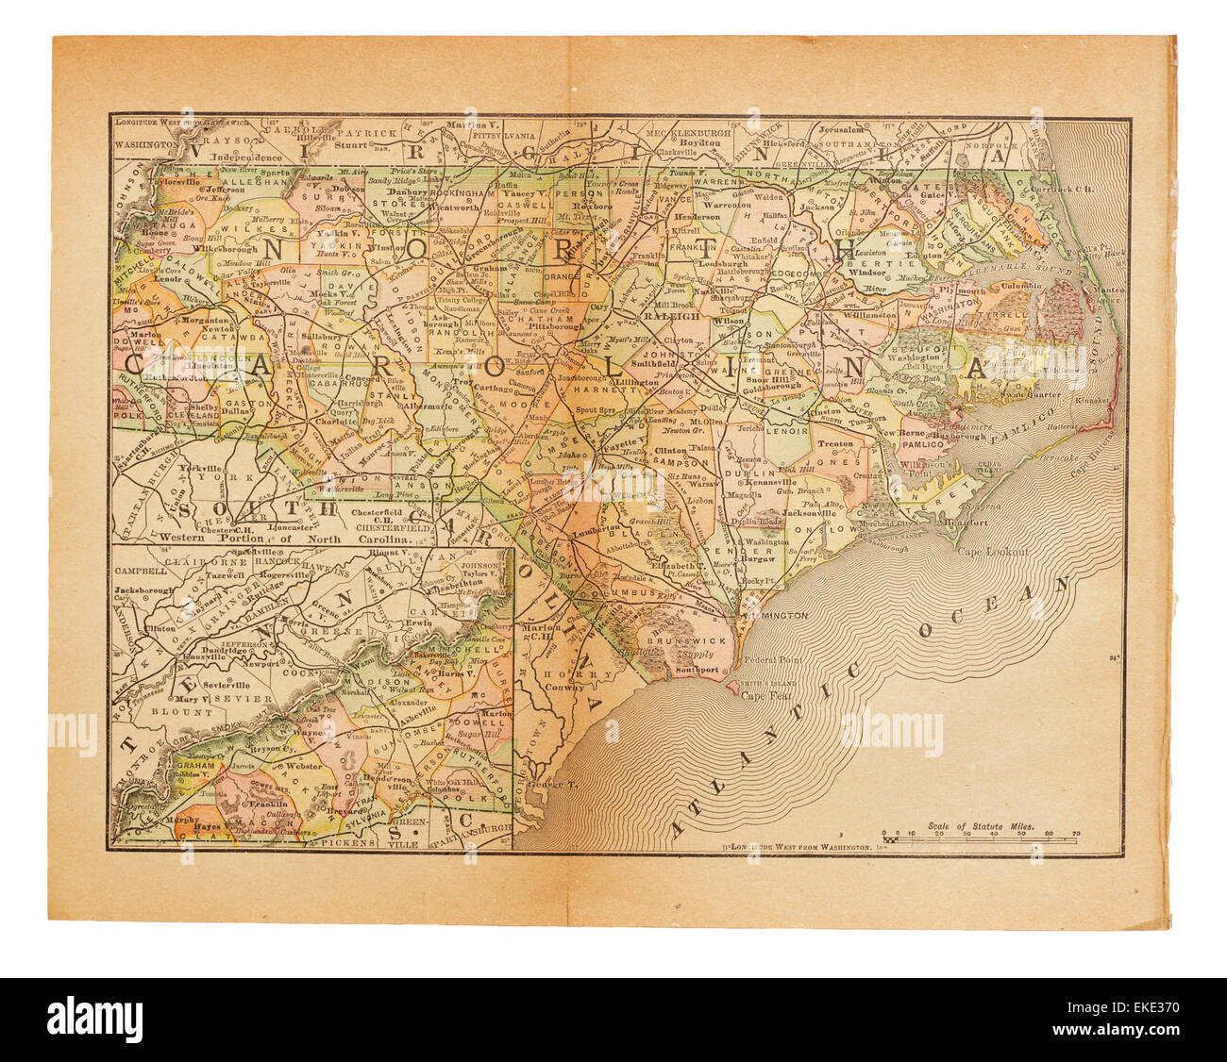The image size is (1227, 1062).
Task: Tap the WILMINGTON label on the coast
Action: pos(778,615)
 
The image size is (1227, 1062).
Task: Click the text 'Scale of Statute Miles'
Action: pos(982,825)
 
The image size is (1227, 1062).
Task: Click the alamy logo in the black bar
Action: pos(95,1020)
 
